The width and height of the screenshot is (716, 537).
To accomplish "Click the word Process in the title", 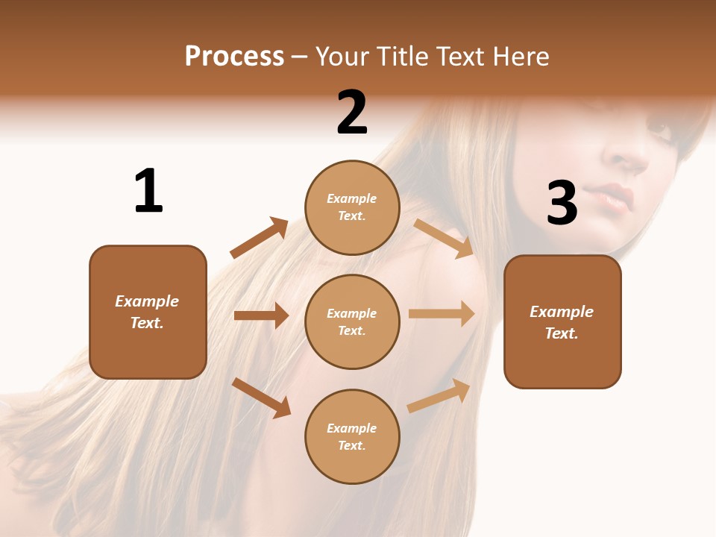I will click(234, 57).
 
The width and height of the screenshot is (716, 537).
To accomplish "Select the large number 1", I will click(148, 191).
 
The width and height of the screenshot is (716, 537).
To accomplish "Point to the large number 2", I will click(352, 113).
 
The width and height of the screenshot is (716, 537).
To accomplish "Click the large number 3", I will click(562, 203).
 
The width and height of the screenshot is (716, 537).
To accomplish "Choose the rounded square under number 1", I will click(148, 312).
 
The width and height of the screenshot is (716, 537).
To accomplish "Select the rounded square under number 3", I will click(562, 321).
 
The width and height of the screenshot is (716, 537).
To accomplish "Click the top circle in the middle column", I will click(352, 207).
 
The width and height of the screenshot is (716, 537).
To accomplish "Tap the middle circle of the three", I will click(352, 321).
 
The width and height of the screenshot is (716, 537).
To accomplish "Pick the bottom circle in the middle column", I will click(352, 436).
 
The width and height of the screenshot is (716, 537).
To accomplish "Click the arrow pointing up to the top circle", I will click(259, 238).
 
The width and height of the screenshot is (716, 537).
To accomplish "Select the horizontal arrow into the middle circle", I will click(261, 315).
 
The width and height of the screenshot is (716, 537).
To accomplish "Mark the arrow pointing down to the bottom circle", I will click(261, 398).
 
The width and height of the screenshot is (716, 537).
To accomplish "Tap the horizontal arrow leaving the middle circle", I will click(442, 313).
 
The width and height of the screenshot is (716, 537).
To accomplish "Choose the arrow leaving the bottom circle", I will click(439, 395).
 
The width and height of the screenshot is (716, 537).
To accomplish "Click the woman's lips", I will click(615, 198).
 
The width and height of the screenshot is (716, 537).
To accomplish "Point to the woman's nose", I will click(626, 157).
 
